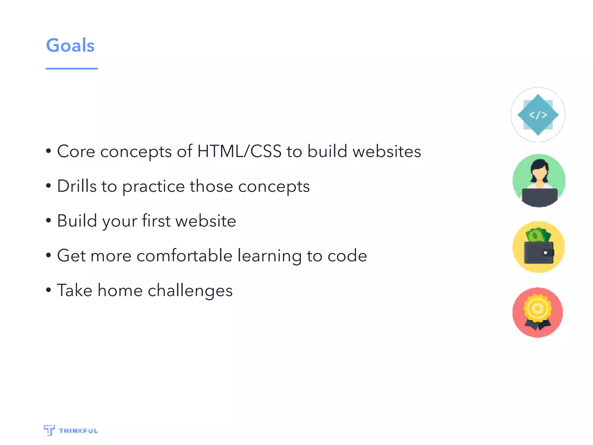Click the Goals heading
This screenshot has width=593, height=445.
click(x=70, y=45)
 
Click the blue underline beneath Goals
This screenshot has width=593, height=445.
click(x=72, y=69)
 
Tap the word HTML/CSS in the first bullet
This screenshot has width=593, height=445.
click(x=239, y=151)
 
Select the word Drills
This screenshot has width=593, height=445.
click(x=77, y=186)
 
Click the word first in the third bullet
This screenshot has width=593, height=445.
click(x=156, y=221)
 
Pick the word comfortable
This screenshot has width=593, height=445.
click(x=184, y=256)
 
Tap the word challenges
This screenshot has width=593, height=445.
click(x=190, y=291)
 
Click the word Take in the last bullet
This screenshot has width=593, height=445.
click(x=75, y=290)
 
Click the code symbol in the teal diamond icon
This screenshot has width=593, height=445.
click(x=538, y=115)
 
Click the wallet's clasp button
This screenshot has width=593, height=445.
click(x=546, y=253)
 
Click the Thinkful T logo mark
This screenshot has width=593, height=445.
click(x=49, y=430)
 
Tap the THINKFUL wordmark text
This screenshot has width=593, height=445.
click(x=78, y=431)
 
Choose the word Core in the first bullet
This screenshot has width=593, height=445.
click(x=76, y=151)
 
